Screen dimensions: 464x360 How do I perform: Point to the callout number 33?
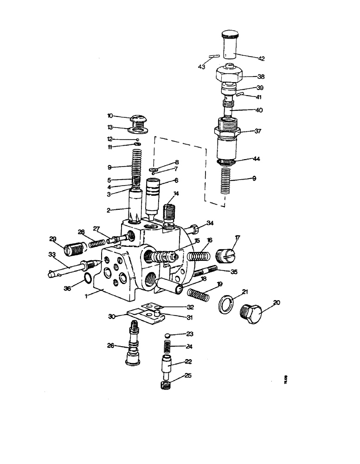(x=52, y=254)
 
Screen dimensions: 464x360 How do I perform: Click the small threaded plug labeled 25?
(x=165, y=385)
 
